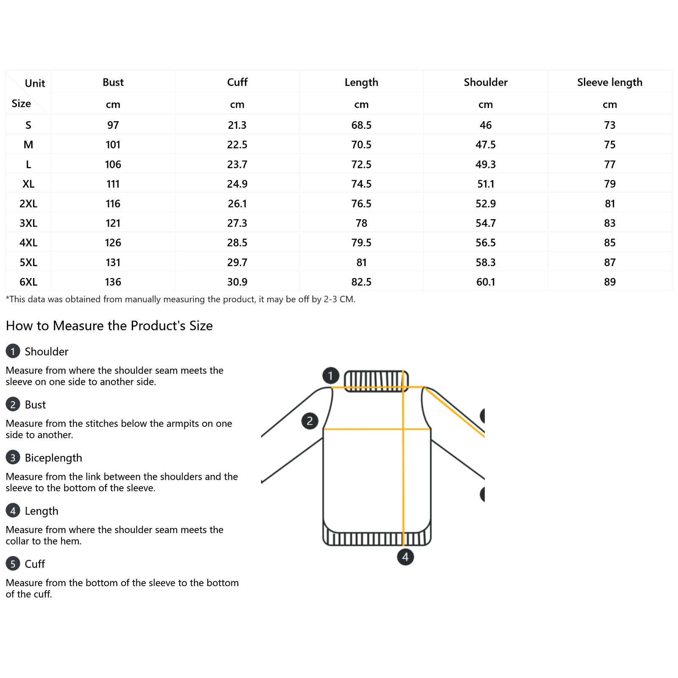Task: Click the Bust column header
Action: [113, 82]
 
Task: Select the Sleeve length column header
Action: [609, 82]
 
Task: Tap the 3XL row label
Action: [28, 223]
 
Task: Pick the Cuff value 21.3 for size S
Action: [237, 125]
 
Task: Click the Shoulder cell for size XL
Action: [486, 184]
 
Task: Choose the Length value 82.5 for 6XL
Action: [361, 282]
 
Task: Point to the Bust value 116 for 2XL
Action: [113, 203]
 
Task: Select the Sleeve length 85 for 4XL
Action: [609, 242]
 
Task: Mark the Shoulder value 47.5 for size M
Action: [486, 144]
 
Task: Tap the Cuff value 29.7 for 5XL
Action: [237, 262]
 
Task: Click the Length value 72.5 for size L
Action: [361, 164]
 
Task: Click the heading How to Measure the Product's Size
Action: [109, 325]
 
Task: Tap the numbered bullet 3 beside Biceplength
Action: [13, 457]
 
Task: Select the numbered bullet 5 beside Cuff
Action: [13, 563]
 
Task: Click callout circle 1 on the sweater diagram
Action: [331, 375]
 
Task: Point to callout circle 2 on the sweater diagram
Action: [310, 421]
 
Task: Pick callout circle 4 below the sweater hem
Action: [405, 556]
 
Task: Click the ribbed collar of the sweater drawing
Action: [376, 381]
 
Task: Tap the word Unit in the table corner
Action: [35, 83]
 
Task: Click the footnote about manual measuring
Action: [181, 299]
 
